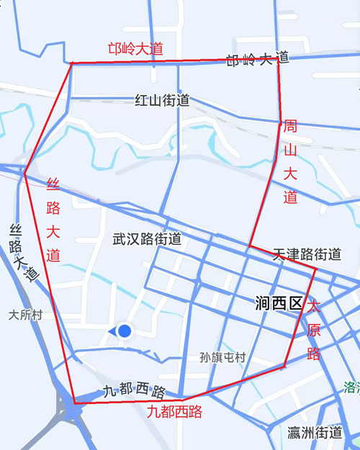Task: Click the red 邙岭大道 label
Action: tap(135, 49)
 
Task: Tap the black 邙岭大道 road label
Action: tap(257, 60)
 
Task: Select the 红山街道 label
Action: tap(162, 101)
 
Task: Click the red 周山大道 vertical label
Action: tap(290, 162)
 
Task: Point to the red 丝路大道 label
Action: tap(53, 219)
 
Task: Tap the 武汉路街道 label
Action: tap(147, 239)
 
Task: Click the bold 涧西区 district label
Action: tap(279, 303)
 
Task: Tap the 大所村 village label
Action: tap(26, 315)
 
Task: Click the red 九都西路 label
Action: tap(174, 412)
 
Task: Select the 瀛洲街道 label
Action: tap(314, 433)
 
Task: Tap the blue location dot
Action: tap(125, 330)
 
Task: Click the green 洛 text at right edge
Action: tap(351, 387)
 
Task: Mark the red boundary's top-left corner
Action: tap(71, 63)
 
